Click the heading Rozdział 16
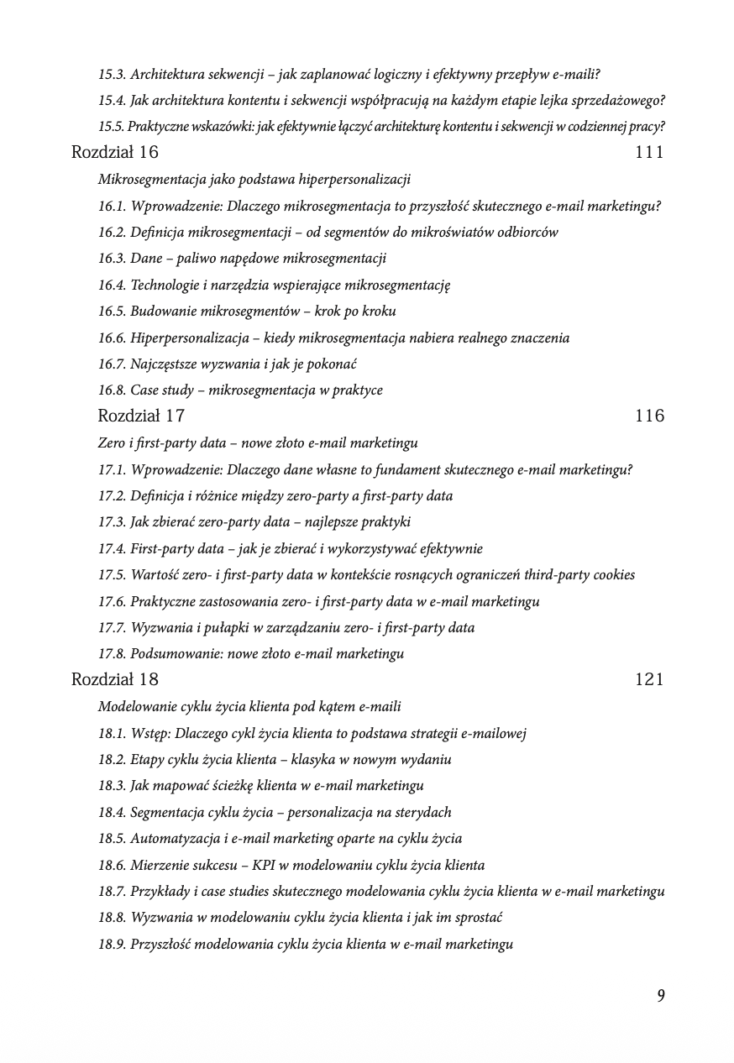point(115,153)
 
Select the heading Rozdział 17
point(141,416)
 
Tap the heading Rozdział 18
point(115,679)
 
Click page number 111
point(649,153)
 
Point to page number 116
point(649,416)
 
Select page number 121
point(649,679)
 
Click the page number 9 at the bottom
point(661,996)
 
